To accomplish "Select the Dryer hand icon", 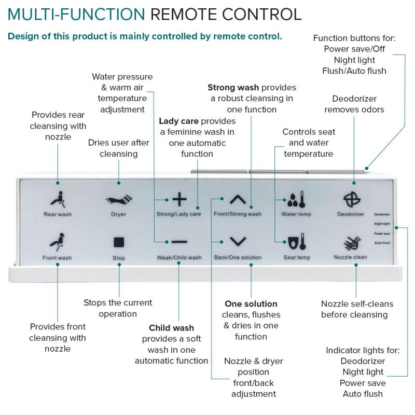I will tap(119, 200).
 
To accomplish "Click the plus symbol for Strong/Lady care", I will tap(179, 199).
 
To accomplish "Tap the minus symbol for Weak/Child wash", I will tap(179, 242).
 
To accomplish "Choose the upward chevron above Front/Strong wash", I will tap(238, 199).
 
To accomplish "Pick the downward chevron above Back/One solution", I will tap(238, 241).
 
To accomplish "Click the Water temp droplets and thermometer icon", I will tap(296, 200).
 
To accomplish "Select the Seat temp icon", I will tap(296, 242).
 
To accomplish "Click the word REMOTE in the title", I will tap(182, 14).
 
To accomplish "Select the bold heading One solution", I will tap(251, 303).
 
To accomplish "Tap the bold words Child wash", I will tap(171, 328).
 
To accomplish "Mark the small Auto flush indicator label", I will tap(382, 243).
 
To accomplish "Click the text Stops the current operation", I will tap(118, 308).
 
